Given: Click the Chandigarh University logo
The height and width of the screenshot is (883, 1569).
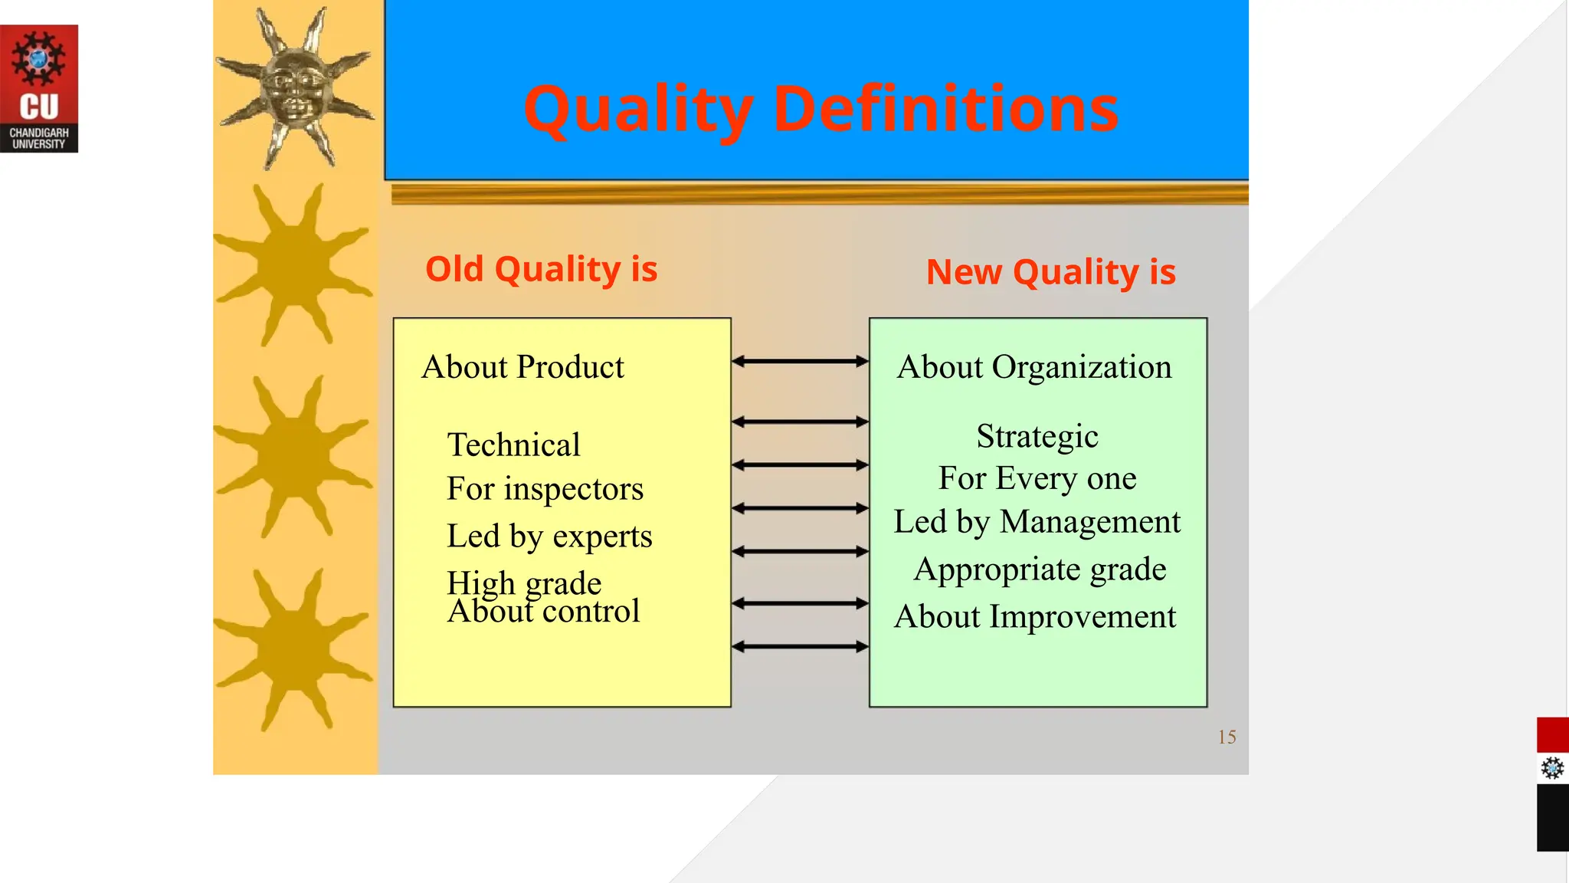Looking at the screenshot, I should coord(39,88).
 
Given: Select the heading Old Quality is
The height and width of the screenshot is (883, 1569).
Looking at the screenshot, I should coord(541,269).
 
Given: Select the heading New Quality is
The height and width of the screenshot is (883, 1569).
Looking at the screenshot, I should coord(1050,272).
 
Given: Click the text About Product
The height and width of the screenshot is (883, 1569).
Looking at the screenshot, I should coord(522,367).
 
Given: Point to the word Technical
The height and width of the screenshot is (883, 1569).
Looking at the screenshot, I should coord(513,445).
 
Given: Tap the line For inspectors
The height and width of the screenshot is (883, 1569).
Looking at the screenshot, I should coord(545,489).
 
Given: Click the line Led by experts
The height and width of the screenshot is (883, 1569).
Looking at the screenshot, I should coord(549,536).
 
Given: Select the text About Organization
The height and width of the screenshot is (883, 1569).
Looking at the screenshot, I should coord(1034,367).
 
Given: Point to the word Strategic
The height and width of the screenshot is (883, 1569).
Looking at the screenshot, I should coord(1037,436).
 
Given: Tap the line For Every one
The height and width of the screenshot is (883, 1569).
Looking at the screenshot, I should coord(1037,478).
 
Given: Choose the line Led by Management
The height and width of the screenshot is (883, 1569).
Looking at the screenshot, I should coord(1037,522).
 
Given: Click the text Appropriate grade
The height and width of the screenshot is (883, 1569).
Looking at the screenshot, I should coord(1040,570).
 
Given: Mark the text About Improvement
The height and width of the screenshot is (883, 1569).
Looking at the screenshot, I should coord(1034,616).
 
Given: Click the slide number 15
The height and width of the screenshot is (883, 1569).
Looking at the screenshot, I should coord(1227,737).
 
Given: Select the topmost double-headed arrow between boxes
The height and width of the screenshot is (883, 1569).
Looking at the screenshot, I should coord(800,361).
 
